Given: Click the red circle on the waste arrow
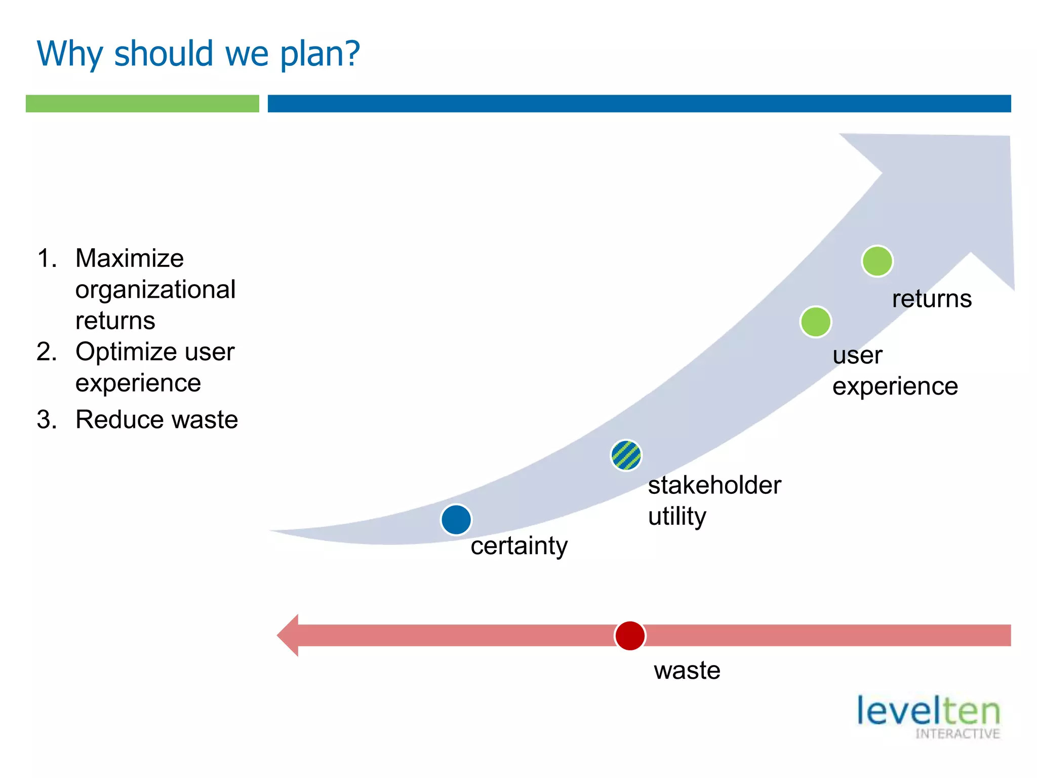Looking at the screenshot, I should [x=629, y=636].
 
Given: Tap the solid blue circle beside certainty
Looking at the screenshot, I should [x=456, y=520].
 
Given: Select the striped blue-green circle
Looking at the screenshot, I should [x=626, y=455].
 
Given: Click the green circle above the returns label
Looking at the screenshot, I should [x=877, y=261].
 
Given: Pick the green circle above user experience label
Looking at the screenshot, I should [x=815, y=322].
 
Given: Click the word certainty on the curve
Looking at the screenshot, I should [x=519, y=546].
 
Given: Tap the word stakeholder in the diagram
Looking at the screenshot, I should [x=714, y=485].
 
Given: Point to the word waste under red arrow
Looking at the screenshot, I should [x=687, y=671].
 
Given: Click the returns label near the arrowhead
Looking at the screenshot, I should [x=932, y=299].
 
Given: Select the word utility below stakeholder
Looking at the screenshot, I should [x=676, y=517].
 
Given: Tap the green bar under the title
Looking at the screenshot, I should [x=142, y=104].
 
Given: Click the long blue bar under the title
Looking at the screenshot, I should [x=639, y=104].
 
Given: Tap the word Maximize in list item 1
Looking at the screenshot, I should [x=129, y=258].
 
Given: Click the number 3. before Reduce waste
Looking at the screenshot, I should [x=47, y=420].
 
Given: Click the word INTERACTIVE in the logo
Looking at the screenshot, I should [x=957, y=734].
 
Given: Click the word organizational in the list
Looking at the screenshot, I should [x=155, y=290].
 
